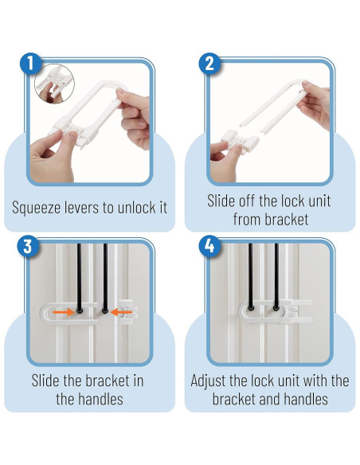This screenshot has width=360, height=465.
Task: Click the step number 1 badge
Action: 30,64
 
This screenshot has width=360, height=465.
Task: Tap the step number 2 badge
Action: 209,64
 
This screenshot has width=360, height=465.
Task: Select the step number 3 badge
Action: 28,246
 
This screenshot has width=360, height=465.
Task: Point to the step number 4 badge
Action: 209,246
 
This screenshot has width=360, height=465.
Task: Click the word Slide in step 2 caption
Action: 219,201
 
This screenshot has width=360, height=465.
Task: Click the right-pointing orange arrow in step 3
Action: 64,312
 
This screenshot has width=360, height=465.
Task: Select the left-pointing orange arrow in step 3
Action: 121,312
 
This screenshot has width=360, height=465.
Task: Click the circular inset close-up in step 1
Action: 55,84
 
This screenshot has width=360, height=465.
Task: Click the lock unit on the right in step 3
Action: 127,312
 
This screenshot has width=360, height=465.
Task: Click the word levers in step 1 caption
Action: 80,207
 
